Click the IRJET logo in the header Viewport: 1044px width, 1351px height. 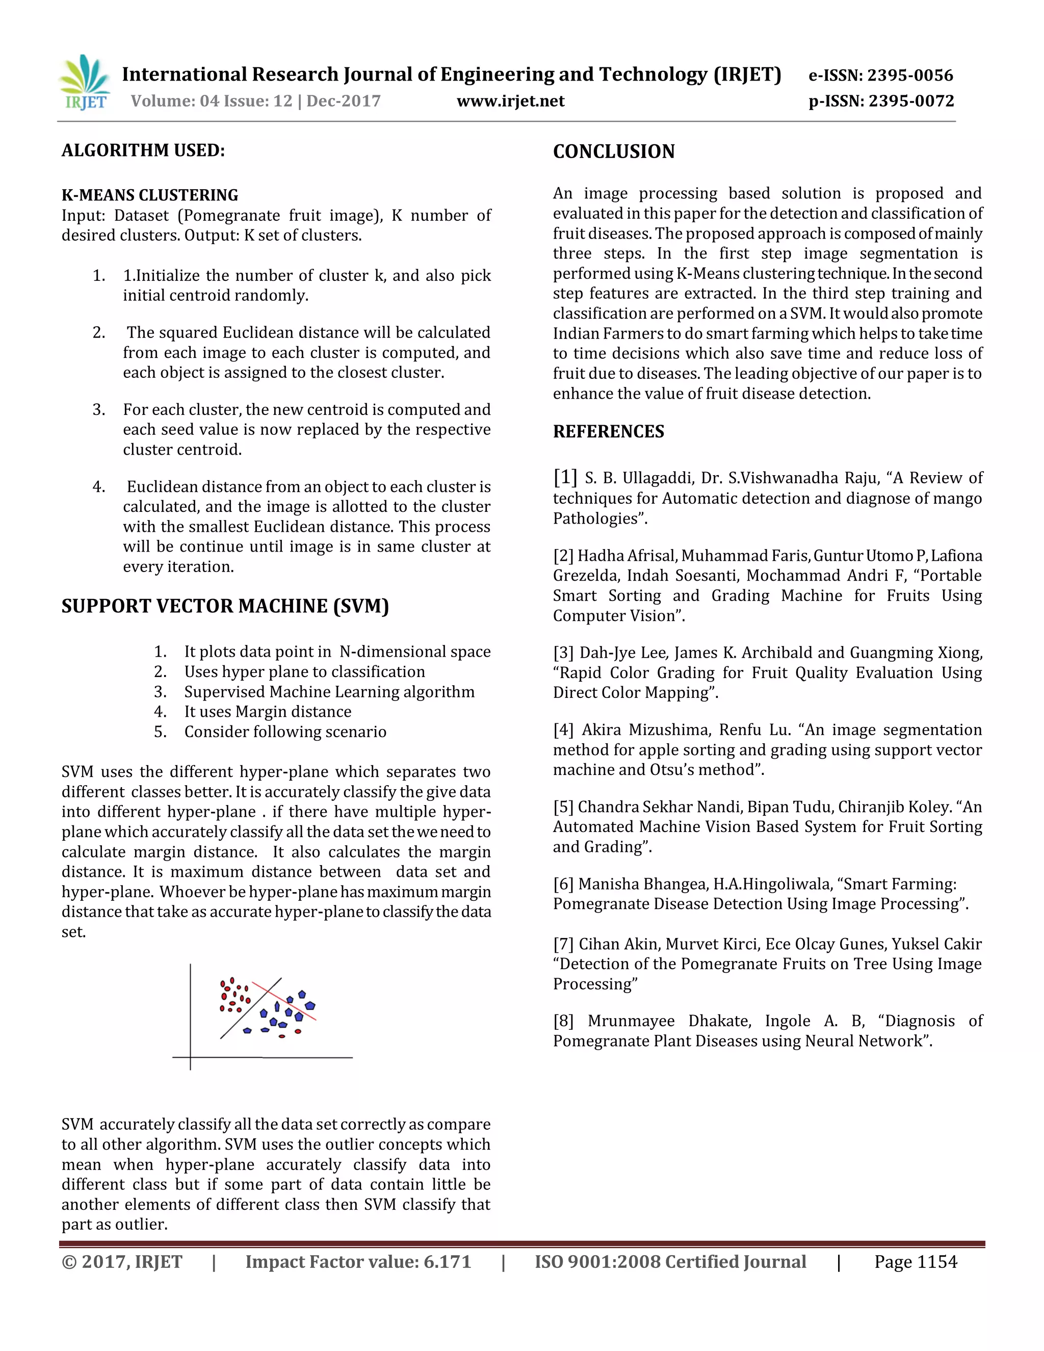(85, 82)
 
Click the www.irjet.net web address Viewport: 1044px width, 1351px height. (510, 101)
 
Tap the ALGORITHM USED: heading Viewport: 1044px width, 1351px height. (143, 150)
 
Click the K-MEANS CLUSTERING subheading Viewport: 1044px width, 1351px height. (150, 195)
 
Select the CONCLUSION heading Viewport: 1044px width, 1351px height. (614, 151)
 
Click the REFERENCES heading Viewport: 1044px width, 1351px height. (608, 432)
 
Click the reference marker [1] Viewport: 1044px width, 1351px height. (565, 477)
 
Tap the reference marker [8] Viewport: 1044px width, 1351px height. (563, 1021)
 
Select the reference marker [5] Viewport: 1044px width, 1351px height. (563, 807)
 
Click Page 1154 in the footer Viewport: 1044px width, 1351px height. (916, 1262)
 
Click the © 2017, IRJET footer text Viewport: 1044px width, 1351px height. (122, 1262)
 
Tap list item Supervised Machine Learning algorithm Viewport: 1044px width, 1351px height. (329, 692)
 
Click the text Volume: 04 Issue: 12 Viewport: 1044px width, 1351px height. (212, 101)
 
